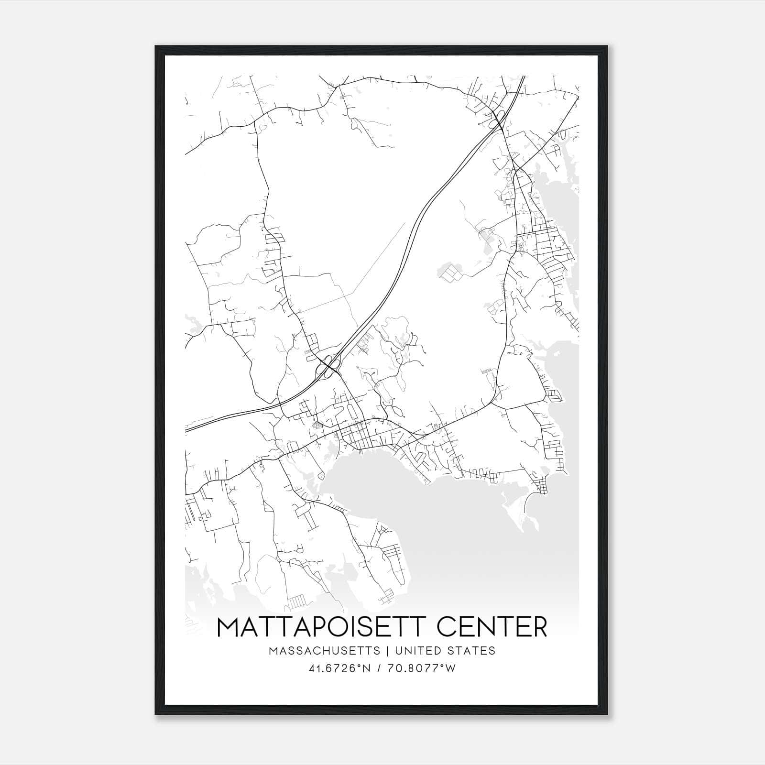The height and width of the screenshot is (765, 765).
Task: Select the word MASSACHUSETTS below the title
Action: (325, 651)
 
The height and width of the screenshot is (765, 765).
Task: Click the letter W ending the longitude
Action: (450, 668)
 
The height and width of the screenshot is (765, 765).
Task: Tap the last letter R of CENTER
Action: (540, 627)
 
